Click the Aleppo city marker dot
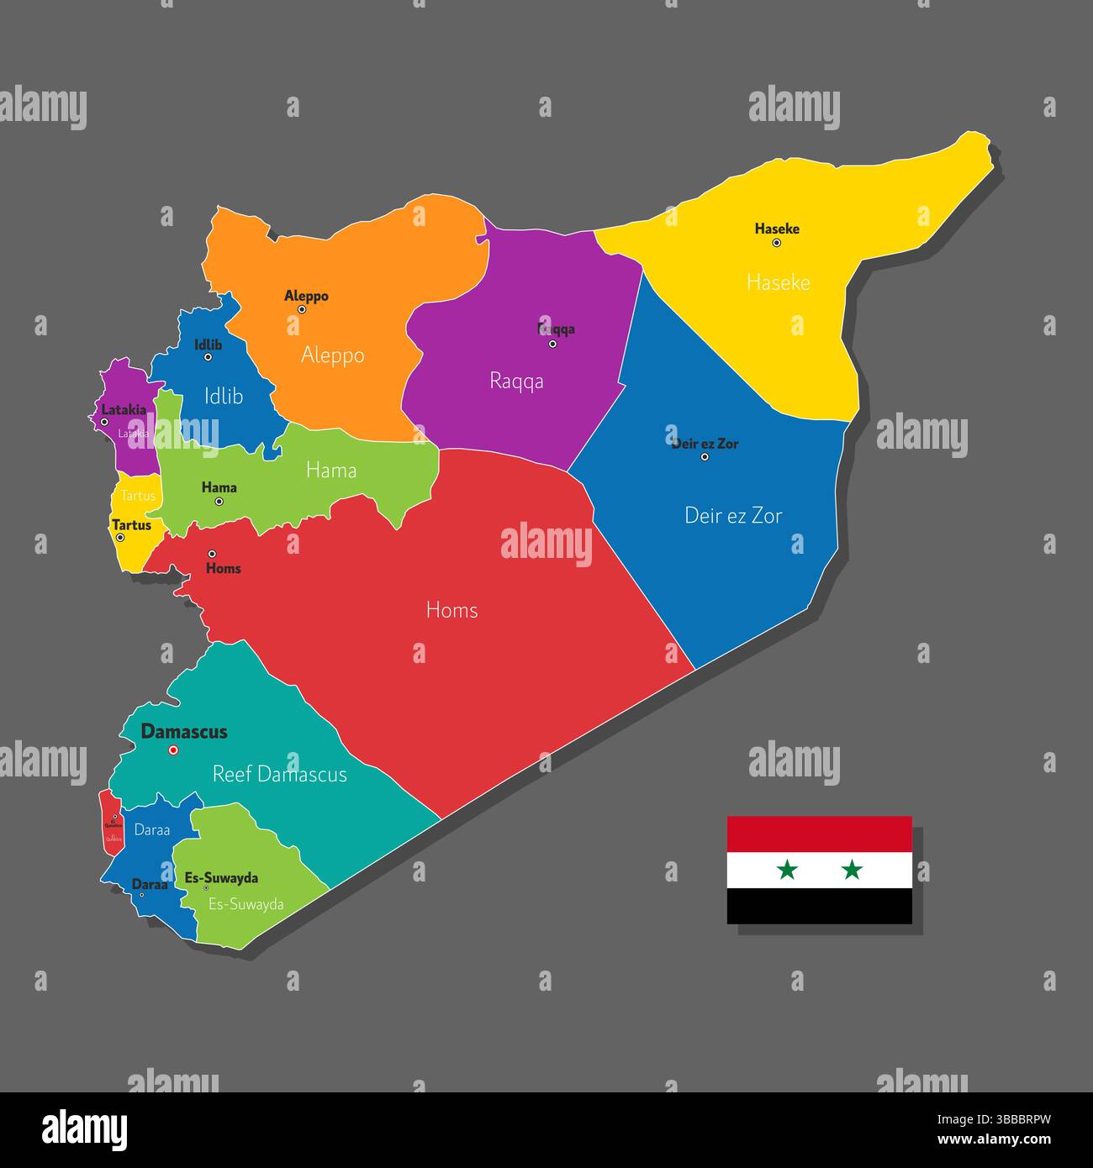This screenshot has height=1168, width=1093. (x=302, y=309)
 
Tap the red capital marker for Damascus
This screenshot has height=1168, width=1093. (x=174, y=750)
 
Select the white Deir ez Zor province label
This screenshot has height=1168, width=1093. (x=733, y=515)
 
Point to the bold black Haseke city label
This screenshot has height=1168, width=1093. (x=777, y=229)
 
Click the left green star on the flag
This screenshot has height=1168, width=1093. (x=787, y=870)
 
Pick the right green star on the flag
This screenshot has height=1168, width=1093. (x=852, y=870)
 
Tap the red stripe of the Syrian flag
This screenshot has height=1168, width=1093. (x=819, y=834)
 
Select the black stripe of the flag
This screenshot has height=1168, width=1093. (x=819, y=906)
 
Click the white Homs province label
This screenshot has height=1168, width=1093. (x=451, y=609)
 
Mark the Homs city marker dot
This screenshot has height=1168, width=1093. (x=212, y=554)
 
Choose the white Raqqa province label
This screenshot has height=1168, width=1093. (x=516, y=381)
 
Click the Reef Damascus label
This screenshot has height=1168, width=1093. (x=279, y=774)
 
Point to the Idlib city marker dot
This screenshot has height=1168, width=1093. (x=208, y=357)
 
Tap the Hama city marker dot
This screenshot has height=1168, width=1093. (x=219, y=502)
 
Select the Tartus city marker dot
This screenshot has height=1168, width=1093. (x=120, y=538)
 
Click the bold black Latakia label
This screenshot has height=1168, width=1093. (x=124, y=410)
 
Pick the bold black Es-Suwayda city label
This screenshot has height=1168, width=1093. (x=221, y=878)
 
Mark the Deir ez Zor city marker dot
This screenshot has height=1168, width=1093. (x=705, y=457)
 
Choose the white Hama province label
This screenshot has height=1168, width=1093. (x=331, y=470)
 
